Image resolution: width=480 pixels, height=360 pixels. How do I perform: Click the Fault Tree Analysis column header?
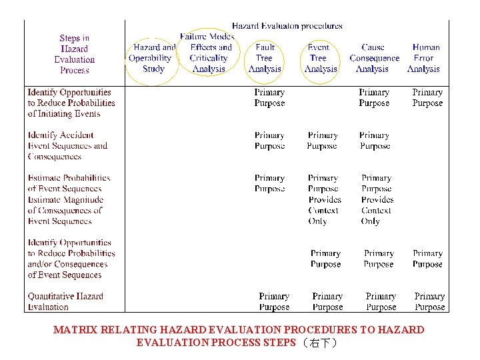[265, 58]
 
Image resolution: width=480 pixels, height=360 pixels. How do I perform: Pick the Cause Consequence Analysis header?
[373, 58]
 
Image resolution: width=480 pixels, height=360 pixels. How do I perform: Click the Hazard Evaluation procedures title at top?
[287, 26]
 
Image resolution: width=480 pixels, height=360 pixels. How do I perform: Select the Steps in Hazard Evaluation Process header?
[74, 54]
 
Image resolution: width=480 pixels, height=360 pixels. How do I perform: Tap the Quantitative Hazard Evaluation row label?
[65, 301]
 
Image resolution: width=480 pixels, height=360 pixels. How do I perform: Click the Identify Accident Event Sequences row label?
[67, 145]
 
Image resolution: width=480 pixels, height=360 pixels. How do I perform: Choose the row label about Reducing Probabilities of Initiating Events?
[70, 103]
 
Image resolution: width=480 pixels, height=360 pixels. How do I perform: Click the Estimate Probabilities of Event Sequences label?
[69, 183]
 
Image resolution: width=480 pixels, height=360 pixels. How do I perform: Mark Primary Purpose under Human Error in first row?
[427, 97]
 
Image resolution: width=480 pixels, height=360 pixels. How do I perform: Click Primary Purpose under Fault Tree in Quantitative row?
[274, 301]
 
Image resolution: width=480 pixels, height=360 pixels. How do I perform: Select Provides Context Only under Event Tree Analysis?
[325, 210]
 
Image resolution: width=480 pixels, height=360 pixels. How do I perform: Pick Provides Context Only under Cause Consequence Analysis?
[377, 210]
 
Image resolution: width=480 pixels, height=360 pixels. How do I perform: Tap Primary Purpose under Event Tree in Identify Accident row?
[322, 140]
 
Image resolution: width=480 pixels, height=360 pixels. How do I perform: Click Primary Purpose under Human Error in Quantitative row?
[429, 301]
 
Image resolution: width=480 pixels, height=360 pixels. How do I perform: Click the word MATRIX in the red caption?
[75, 330]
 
